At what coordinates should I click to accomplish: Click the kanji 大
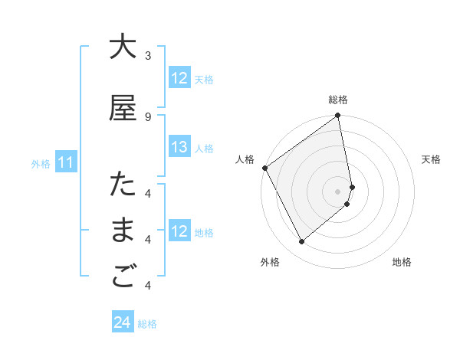pos(123,47)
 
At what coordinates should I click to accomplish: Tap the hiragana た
pos(123,186)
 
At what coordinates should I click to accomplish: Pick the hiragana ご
pos(123,278)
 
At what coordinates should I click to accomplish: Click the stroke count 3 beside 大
pos(148,56)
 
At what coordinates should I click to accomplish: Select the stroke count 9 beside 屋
pos(148,117)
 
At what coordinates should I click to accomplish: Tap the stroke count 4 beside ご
pos(148,286)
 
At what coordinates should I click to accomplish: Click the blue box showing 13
pos(179,148)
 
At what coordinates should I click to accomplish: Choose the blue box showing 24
pos(123,323)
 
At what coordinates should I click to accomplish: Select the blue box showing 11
pos(65,162)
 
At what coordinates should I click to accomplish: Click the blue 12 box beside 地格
pos(179,232)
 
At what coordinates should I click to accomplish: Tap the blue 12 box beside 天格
pos(179,78)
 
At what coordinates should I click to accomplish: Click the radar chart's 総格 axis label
pos(338,100)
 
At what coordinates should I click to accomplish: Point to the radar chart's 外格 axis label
pos(270,263)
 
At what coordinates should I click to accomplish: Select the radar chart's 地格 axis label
pos(402,263)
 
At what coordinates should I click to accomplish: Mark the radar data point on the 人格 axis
pos(264,168)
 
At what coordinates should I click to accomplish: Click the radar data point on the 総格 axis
pos(338,116)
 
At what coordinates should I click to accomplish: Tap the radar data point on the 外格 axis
pos(301,242)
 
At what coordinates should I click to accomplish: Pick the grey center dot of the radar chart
pos(338,191)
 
